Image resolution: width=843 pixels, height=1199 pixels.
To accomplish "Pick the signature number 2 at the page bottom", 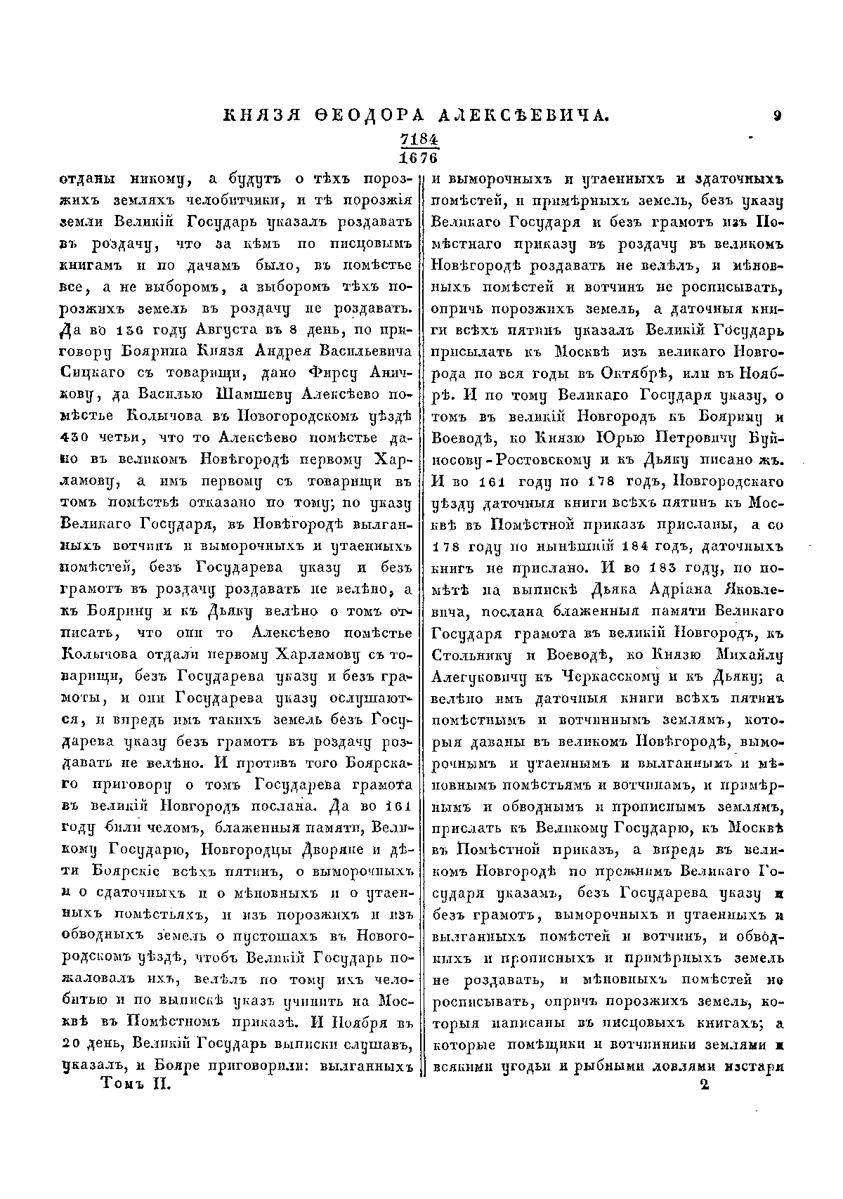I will [x=705, y=1085].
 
